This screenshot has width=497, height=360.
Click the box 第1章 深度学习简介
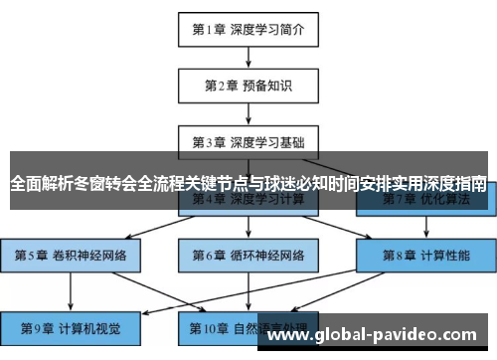248,29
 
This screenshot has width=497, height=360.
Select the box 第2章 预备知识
248,86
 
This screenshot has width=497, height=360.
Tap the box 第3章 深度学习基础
248,141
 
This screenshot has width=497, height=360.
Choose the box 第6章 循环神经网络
248,255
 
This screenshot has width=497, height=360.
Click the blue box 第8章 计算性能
426,255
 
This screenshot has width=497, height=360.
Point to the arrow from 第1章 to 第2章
248,57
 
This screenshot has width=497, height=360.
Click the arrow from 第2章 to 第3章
248,113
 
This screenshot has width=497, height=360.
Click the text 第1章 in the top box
210,29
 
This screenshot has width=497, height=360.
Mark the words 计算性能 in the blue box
444,255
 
